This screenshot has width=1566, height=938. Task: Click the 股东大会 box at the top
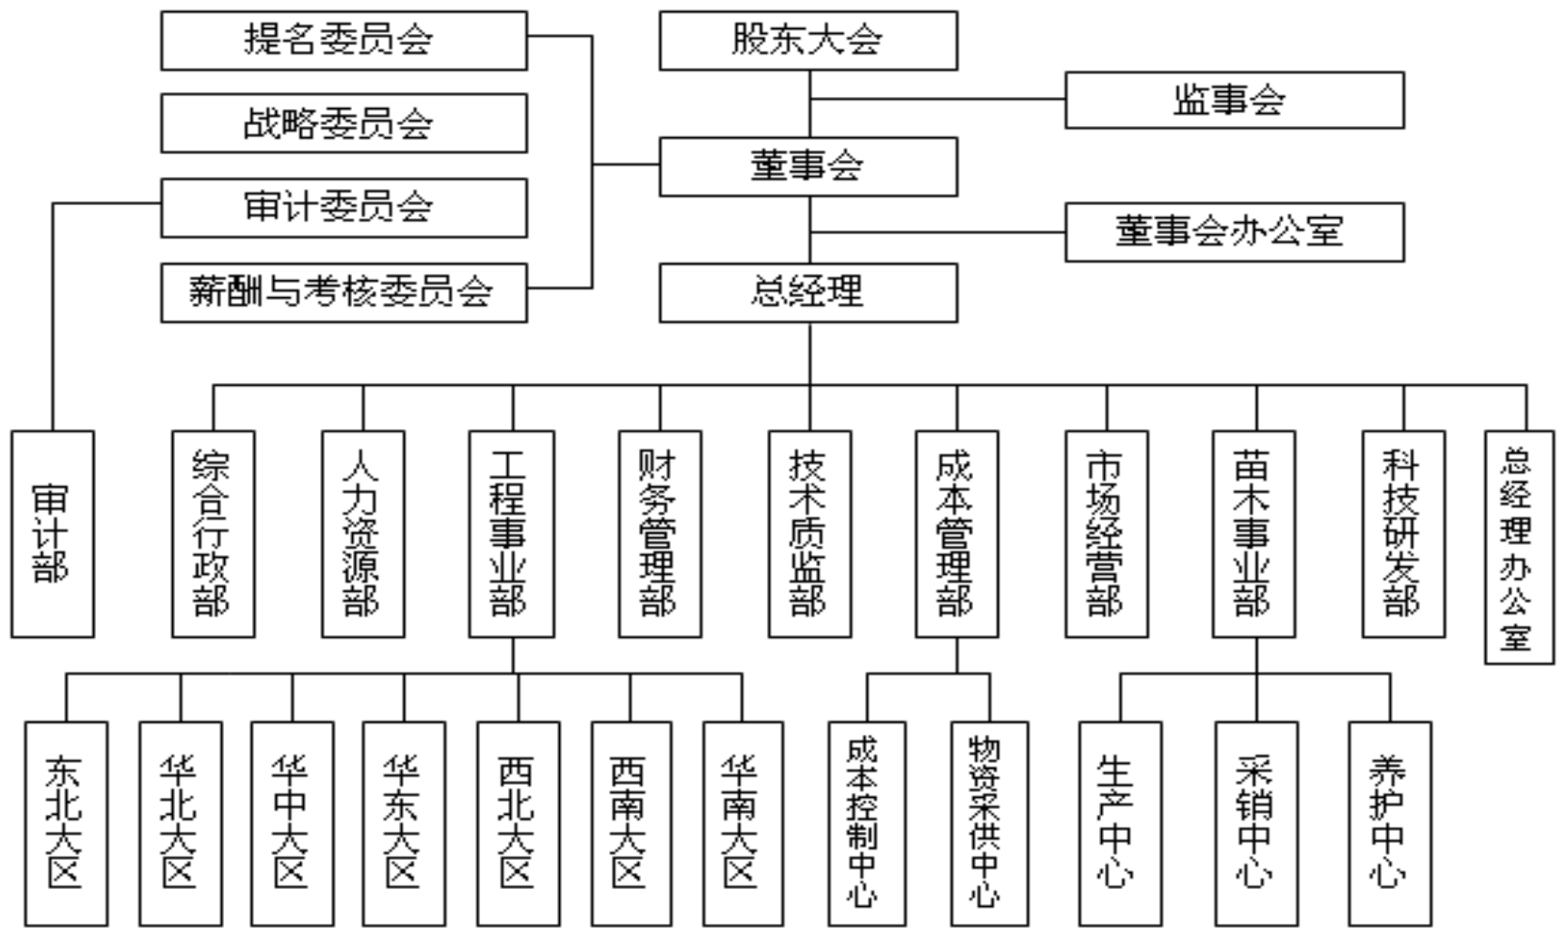pyautogui.click(x=807, y=40)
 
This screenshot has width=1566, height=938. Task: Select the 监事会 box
pyautogui.click(x=1234, y=100)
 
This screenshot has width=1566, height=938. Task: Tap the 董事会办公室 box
pyautogui.click(x=1234, y=232)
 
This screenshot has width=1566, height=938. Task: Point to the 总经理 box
pyautogui.click(x=807, y=293)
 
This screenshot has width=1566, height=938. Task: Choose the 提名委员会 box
pyautogui.click(x=344, y=40)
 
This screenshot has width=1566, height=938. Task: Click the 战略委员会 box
pyautogui.click(x=344, y=123)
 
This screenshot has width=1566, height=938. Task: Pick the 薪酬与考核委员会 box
pyautogui.click(x=344, y=293)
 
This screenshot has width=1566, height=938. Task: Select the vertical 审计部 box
pyautogui.click(x=53, y=533)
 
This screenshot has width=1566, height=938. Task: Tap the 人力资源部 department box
pyautogui.click(x=363, y=533)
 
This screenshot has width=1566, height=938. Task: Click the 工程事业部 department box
pyautogui.click(x=511, y=533)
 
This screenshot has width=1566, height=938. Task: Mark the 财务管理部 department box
pyautogui.click(x=660, y=533)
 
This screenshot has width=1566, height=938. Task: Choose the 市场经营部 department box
pyautogui.click(x=1107, y=533)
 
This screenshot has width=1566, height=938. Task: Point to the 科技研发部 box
pyautogui.click(x=1403, y=533)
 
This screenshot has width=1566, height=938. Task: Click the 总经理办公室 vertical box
pyautogui.click(x=1518, y=547)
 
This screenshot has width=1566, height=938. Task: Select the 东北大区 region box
pyautogui.click(x=66, y=823)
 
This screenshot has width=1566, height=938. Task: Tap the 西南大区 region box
pyautogui.click(x=631, y=823)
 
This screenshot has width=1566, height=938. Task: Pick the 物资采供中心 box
pyautogui.click(x=989, y=823)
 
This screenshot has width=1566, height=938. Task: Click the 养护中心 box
pyautogui.click(x=1389, y=823)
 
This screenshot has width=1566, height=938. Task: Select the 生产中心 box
pyautogui.click(x=1120, y=823)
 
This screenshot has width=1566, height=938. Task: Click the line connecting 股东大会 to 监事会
pyautogui.click(x=937, y=99)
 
